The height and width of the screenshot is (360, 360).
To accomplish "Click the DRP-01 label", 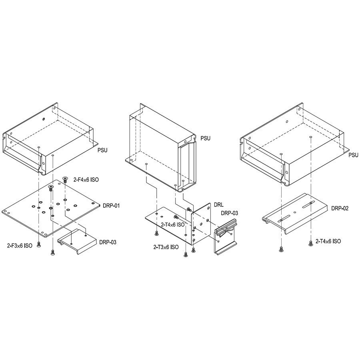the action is (x=111, y=206).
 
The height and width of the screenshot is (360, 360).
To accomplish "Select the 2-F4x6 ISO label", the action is (x=86, y=180).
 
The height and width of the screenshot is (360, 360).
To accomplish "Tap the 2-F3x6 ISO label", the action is (x=20, y=246).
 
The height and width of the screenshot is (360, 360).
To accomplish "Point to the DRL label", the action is (x=218, y=205).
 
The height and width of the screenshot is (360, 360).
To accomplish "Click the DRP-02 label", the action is (x=340, y=208).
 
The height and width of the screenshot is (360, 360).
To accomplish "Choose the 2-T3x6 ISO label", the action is (x=166, y=247).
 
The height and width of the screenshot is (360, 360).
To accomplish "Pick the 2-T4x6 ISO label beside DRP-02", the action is (x=328, y=241).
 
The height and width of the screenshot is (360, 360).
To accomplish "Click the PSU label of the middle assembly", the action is (x=206, y=138).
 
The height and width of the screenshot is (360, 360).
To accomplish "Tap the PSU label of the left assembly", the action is (x=102, y=150).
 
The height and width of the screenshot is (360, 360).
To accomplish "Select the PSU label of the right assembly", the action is (x=353, y=155).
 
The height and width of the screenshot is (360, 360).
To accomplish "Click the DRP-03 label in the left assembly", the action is (x=108, y=242).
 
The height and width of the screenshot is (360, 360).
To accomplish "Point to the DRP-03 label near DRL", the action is (x=230, y=213).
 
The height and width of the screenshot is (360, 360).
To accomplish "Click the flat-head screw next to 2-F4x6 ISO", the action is (x=65, y=179).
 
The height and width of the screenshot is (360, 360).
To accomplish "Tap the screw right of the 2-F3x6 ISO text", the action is (x=39, y=244).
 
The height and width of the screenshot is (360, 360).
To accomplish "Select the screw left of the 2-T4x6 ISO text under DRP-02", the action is (x=311, y=243).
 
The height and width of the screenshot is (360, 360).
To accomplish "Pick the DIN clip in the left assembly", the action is (x=77, y=241).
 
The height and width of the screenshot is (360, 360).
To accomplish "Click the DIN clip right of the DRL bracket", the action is (x=226, y=236).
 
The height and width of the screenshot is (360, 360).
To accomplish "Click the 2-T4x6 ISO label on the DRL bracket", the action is (x=173, y=224).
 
